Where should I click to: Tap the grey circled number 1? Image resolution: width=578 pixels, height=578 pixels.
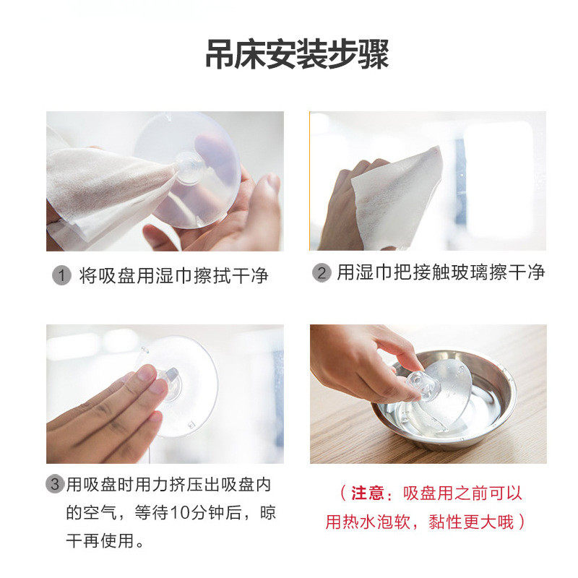point(61,275)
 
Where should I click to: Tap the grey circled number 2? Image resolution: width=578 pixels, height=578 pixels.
point(322,273)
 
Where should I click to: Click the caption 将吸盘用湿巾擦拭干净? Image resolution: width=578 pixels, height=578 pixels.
point(173,275)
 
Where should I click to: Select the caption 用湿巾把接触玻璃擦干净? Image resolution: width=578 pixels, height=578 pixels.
point(440,272)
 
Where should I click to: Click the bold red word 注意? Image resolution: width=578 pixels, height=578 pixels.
point(367,493)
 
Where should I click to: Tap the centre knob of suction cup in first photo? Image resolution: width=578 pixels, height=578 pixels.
point(190,167)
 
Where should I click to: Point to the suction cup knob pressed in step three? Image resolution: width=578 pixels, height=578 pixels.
point(172,383)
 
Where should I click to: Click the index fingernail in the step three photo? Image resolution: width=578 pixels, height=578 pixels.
point(147,374)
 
